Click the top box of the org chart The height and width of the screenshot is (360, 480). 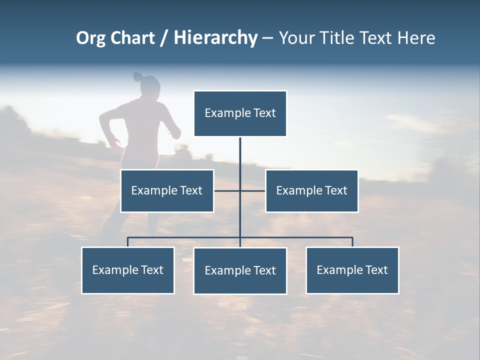[240, 113]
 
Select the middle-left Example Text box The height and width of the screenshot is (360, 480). [167, 191]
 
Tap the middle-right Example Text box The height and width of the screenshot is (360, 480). [311, 191]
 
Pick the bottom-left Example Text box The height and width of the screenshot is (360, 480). [128, 270]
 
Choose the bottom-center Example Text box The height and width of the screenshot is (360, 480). [240, 271]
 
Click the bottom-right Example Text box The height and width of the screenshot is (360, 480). [352, 270]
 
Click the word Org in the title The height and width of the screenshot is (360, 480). [90, 38]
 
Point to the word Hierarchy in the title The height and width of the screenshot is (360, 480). [215, 38]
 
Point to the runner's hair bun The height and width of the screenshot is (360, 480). [137, 76]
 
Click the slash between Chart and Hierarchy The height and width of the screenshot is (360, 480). [164, 38]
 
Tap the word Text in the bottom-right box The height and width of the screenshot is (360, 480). [376, 270]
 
